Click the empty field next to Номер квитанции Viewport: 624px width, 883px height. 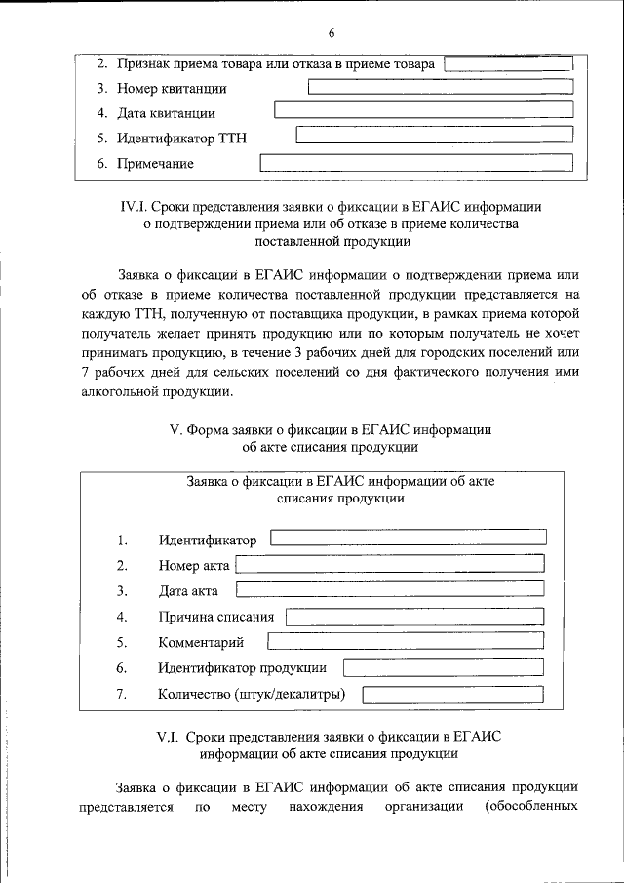click(x=440, y=88)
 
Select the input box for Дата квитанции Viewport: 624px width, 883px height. click(x=423, y=112)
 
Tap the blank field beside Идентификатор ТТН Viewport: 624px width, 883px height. click(x=434, y=138)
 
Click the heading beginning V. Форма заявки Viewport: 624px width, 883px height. click(x=331, y=430)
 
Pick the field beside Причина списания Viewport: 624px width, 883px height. click(x=414, y=617)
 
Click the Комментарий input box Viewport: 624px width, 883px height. click(x=406, y=642)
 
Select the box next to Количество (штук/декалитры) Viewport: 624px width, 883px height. click(x=452, y=695)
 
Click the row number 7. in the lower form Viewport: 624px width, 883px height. click(x=122, y=695)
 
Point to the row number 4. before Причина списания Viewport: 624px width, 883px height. click(x=122, y=617)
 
